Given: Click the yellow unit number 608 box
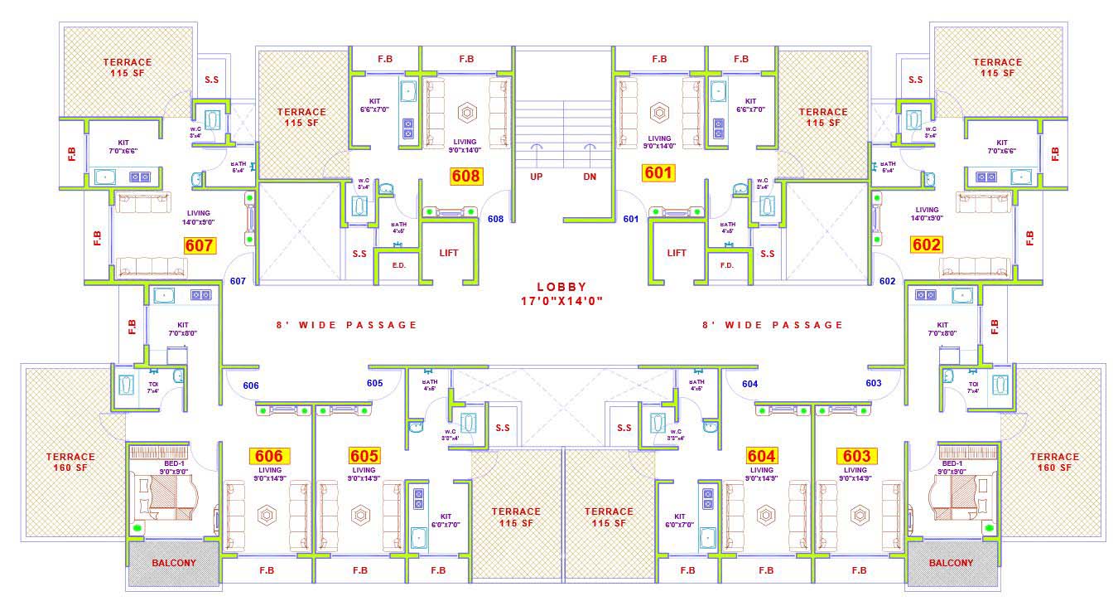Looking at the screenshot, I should coord(466,176).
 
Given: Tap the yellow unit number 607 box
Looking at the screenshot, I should coord(200,245).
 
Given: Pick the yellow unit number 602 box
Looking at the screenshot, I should coord(926,245).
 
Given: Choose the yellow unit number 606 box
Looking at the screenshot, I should coord(269,456).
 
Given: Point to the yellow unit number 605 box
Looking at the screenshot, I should coord(364,456).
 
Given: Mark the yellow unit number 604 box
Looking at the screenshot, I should coord(761,456).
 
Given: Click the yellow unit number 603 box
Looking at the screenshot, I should coord(856,456).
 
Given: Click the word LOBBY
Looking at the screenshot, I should coord(561,286).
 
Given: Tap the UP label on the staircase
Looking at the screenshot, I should coord(537,177).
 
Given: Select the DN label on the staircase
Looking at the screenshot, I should coord(590,177).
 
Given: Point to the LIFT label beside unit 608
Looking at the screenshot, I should coord(448,253).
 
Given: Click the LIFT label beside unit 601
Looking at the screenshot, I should coord(677,253).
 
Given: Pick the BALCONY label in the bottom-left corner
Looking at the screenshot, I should coord(174,563).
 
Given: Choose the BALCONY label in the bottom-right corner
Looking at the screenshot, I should coord(951,563).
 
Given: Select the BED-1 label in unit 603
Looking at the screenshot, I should coord(952,463).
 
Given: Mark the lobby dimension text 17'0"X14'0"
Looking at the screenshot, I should coord(561,301).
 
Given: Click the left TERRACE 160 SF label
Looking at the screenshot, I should coord(70,462).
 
